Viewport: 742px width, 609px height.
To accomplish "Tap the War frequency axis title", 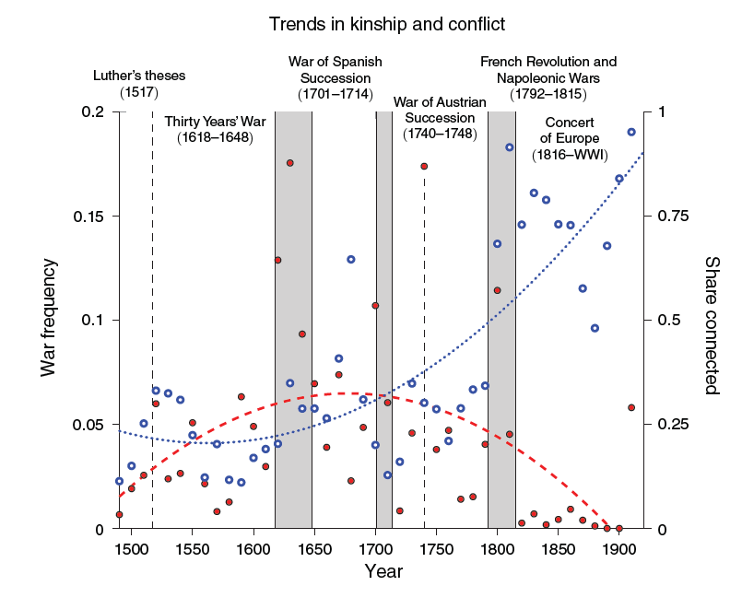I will tap(49, 319).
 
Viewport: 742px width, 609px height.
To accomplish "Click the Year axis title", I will tap(383, 572).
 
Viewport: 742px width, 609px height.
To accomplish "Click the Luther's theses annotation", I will tap(139, 84).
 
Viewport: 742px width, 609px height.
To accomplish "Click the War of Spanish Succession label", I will tap(335, 77).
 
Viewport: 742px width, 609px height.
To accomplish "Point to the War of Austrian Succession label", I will tap(440, 117).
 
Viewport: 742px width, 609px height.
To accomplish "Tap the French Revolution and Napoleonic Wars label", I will tap(548, 77).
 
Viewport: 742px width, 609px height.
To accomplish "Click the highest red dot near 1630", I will tap(289, 163).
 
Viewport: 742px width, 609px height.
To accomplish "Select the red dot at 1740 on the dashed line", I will tap(424, 167).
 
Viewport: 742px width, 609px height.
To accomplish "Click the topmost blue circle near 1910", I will tap(631, 132).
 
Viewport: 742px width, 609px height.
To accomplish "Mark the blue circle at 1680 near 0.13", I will tap(351, 260).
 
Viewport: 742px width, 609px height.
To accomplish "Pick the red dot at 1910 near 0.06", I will tap(631, 407).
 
